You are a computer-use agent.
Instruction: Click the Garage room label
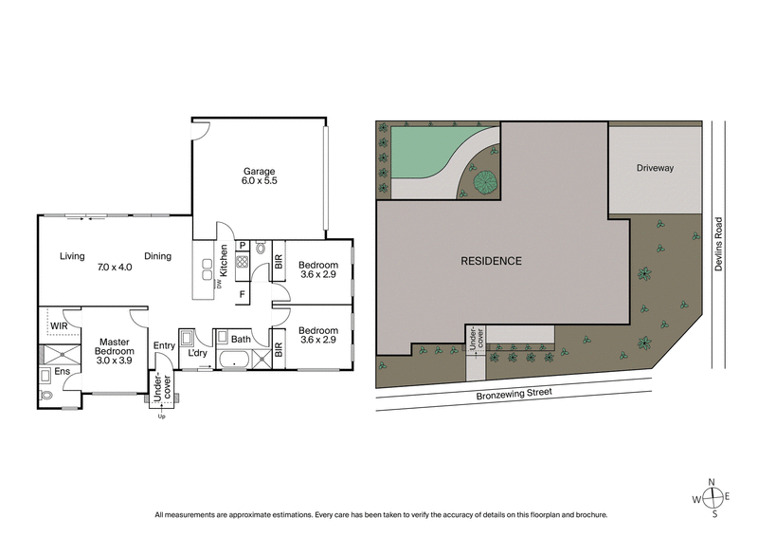point(258,172)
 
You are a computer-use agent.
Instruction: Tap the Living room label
point(72,256)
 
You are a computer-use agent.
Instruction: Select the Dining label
point(157,256)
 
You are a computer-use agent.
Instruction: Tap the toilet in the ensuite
point(47,393)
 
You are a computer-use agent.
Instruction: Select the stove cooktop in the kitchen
point(242,266)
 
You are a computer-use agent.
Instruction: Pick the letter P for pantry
point(242,245)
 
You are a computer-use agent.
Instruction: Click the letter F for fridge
point(242,294)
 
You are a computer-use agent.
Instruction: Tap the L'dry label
point(197,355)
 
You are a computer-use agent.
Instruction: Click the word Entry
point(164,345)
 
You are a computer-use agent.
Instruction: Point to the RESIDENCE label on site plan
point(491,261)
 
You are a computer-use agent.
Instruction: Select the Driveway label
point(655,169)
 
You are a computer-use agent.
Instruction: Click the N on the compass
point(714,483)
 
